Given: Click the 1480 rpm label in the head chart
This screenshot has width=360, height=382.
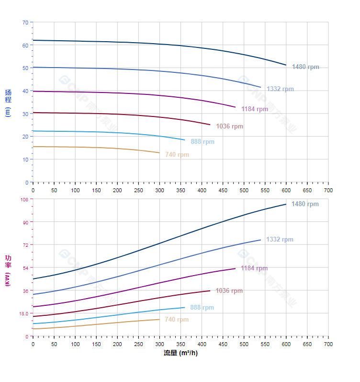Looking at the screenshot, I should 305,67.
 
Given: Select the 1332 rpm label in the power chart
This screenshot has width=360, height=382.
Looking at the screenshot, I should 280,240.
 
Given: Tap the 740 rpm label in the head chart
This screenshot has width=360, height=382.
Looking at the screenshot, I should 177,155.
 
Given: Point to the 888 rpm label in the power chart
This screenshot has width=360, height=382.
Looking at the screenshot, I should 202,308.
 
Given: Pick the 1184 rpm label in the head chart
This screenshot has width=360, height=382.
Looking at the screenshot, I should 255,109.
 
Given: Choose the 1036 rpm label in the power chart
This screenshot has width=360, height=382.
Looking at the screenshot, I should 229,291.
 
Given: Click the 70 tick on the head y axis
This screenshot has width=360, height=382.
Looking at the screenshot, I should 25,23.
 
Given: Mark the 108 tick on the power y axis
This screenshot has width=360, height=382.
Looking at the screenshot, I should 24,199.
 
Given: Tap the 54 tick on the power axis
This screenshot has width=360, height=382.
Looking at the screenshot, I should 25,268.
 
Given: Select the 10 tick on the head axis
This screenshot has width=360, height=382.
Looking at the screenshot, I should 25,160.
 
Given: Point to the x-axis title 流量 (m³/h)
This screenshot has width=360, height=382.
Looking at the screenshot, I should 180,353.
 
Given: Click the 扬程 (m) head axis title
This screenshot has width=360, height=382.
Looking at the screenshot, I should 8,103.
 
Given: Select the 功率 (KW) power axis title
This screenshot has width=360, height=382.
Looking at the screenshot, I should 8,271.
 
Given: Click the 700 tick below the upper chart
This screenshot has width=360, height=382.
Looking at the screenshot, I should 328,190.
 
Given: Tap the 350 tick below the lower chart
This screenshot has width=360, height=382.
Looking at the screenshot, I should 180,344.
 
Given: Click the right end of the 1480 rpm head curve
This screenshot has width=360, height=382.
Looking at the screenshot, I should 286,65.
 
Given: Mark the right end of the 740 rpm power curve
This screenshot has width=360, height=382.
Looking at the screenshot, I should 159,319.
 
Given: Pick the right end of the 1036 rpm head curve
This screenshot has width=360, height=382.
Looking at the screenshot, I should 210,125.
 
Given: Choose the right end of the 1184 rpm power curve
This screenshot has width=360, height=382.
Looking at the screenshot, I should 236,268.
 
